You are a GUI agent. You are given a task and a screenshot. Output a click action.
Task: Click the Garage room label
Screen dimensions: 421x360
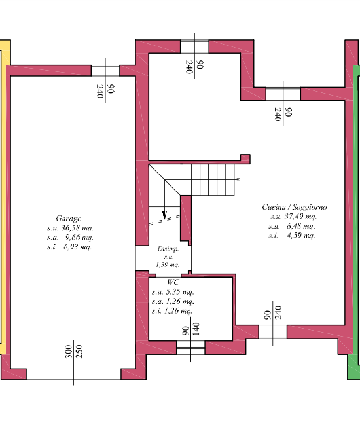(69, 219)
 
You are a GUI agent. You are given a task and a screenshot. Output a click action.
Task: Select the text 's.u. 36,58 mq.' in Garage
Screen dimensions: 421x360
(69, 228)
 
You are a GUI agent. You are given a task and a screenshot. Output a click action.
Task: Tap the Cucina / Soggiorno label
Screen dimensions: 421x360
(295, 207)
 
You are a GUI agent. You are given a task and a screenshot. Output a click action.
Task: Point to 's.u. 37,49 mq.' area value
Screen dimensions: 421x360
(293, 217)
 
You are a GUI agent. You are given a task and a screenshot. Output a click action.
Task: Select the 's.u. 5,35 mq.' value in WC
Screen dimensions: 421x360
(173, 292)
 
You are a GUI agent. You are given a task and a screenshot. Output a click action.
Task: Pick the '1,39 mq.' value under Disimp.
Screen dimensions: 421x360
(167, 265)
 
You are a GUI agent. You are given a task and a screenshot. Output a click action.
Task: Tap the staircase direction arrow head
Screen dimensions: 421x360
(164, 214)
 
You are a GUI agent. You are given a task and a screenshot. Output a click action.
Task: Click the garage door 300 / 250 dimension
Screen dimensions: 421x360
(73, 352)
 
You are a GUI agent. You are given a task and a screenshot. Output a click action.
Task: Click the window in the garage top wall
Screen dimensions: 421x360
(105, 70)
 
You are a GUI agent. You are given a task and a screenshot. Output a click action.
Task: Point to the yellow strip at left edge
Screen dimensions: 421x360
(3, 196)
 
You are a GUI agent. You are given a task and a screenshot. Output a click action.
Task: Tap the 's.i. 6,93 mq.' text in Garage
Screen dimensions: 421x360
(69, 247)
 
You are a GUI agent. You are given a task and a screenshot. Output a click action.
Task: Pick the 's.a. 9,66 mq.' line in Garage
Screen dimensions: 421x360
(69, 238)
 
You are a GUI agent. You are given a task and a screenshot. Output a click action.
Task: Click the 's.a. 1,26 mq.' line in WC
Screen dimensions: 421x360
(173, 302)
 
